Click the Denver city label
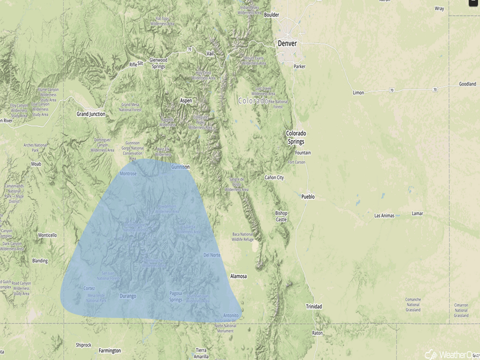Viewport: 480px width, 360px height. click(287, 44)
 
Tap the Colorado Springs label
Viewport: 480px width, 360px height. click(296, 137)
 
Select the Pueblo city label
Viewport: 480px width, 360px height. click(308, 197)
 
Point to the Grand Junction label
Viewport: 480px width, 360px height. click(90, 114)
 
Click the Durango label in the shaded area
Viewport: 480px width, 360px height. click(128, 296)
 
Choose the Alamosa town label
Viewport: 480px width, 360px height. click(238, 276)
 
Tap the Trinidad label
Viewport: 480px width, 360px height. click(314, 306)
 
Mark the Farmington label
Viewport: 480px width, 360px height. click(110, 351)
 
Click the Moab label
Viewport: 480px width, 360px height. click(36, 164)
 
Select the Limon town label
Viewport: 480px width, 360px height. click(358, 93)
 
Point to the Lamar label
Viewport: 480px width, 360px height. click(417, 213)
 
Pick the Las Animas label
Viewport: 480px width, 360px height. click(385, 215)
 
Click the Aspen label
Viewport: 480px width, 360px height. click(186, 101)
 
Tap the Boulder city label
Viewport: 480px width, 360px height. click(272, 15)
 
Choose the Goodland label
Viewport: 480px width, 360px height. click(467, 84)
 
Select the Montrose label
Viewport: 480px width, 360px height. click(128, 174)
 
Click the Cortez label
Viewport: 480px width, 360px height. click(89, 289)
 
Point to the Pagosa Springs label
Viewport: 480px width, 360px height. click(176, 296)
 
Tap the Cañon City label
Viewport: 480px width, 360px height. click(274, 178)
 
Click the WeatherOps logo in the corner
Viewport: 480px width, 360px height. click(449, 353)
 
